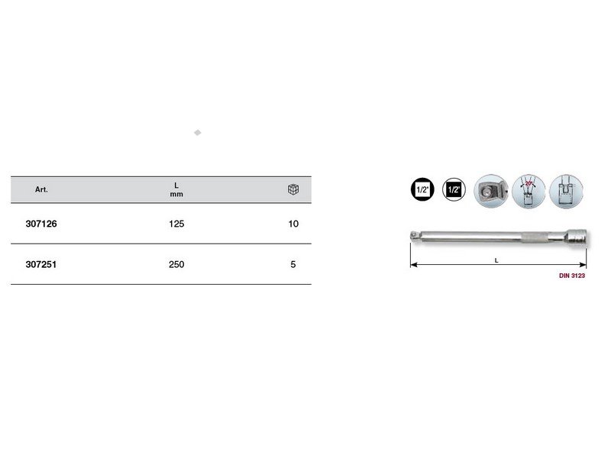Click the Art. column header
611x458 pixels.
41,189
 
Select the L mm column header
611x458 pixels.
176,189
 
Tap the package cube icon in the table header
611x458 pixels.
293,189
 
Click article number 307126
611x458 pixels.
41,224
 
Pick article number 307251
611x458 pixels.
41,264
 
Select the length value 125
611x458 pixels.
176,224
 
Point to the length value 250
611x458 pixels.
176,264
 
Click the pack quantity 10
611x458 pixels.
293,224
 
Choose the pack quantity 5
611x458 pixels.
293,264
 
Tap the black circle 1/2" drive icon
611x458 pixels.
422,189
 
